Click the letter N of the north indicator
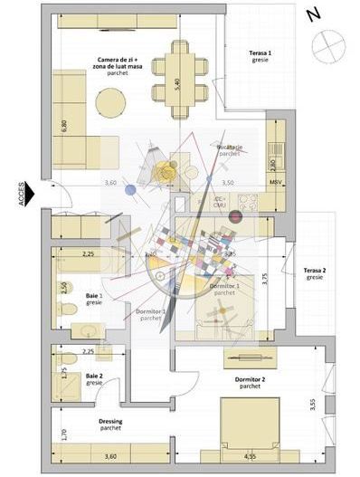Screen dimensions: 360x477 313,14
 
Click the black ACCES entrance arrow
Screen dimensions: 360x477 29,193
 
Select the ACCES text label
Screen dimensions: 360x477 20,193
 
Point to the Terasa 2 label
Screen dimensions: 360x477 314,273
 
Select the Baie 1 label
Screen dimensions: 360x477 94,299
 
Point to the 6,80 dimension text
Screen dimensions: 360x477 62,126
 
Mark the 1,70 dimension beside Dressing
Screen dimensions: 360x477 62,435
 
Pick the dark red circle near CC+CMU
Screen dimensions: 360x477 237,216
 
